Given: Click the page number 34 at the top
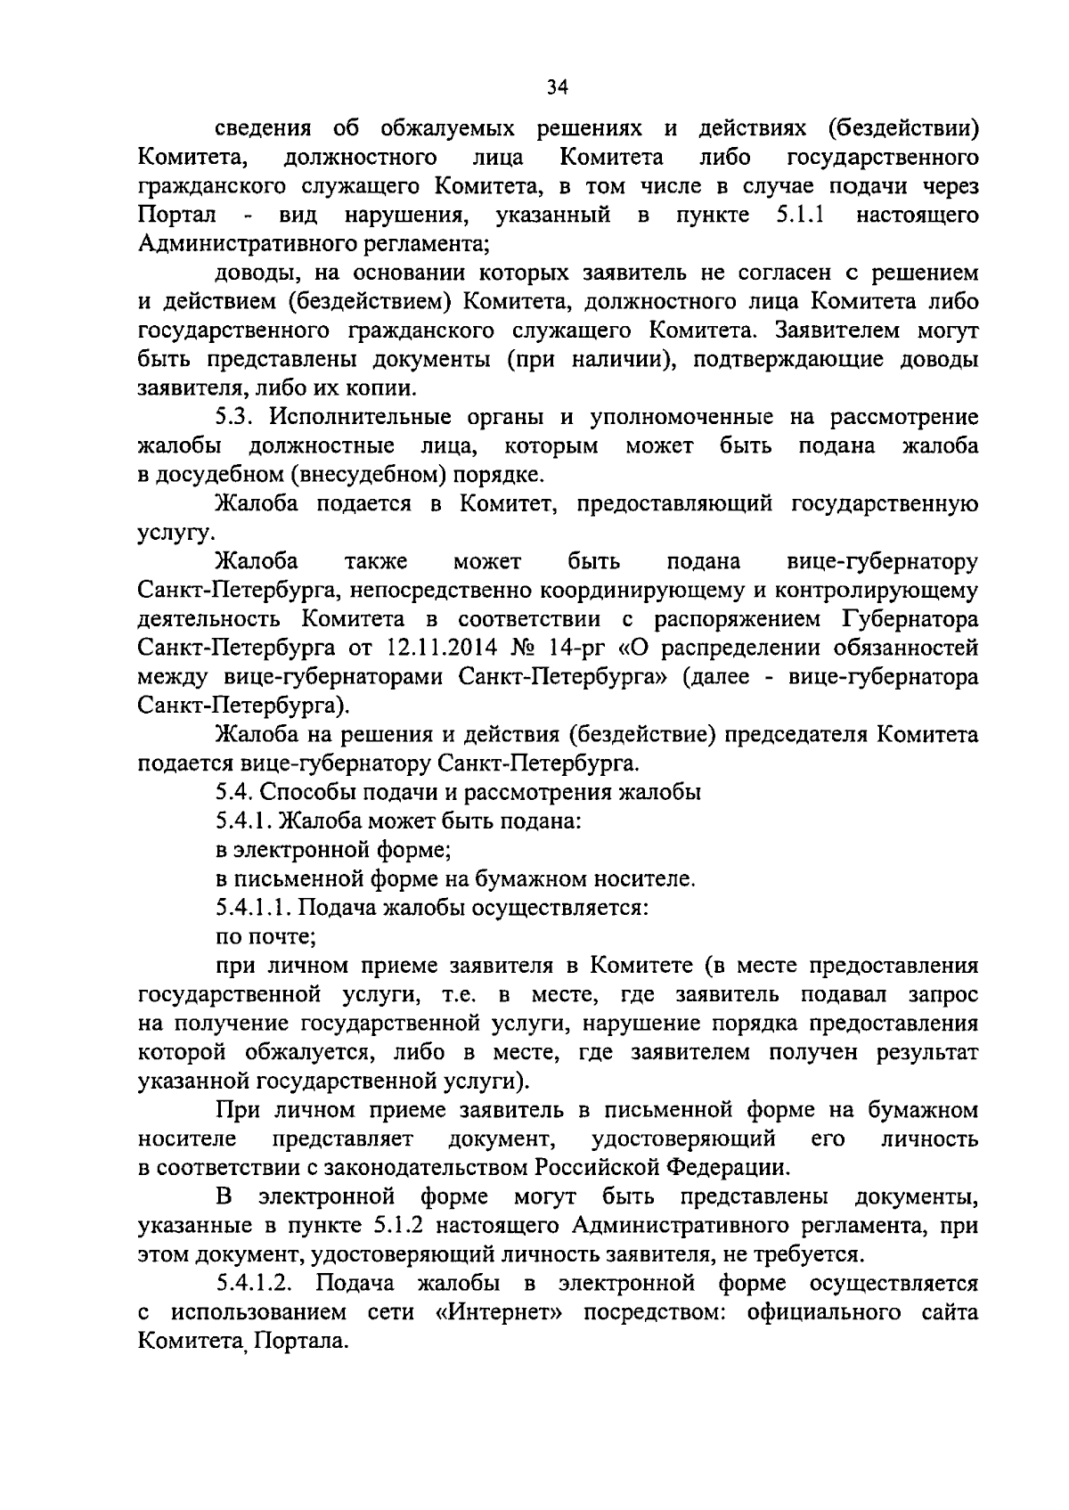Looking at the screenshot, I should point(558,86).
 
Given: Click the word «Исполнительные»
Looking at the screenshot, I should point(363,418).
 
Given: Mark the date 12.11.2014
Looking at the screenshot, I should point(441,648).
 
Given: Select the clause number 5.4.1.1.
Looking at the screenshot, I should point(253,909).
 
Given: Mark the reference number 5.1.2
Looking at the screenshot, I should point(388,1226).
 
